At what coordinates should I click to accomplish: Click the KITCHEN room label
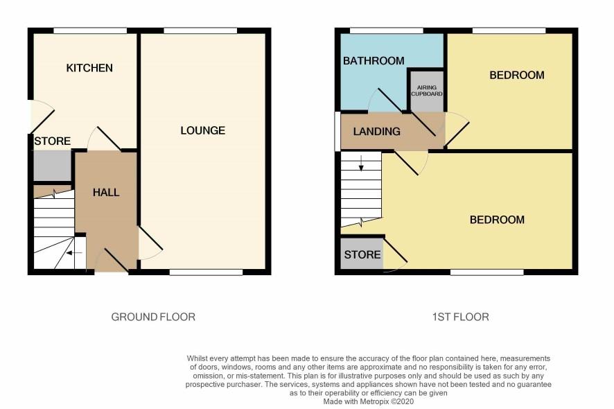[x=89, y=68]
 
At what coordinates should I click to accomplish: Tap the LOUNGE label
[x=202, y=130]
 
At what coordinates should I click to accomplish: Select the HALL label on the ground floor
[x=106, y=192]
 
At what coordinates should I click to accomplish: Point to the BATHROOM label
[x=374, y=61]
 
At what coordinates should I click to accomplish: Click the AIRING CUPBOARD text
[x=427, y=91]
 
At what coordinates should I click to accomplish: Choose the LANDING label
[x=377, y=131]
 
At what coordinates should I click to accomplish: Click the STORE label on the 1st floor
[x=362, y=254]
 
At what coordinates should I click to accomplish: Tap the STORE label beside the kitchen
[x=53, y=141]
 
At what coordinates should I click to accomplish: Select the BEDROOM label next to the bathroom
[x=517, y=76]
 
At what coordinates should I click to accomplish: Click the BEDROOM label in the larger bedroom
[x=497, y=220]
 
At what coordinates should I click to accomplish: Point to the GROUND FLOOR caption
[x=153, y=317]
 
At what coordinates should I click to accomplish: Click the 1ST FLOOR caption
[x=460, y=317]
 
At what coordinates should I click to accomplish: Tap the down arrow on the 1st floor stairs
[x=361, y=163]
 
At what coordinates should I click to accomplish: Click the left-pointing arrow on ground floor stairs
[x=74, y=253]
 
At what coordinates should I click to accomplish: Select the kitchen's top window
[x=90, y=31]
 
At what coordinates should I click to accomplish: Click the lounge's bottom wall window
[x=206, y=272]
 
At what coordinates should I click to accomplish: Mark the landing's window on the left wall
[x=337, y=132]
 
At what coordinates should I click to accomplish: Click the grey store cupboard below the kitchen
[x=53, y=166]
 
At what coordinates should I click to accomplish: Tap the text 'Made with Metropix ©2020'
[x=369, y=401]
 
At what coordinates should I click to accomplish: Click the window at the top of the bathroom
[x=387, y=31]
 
